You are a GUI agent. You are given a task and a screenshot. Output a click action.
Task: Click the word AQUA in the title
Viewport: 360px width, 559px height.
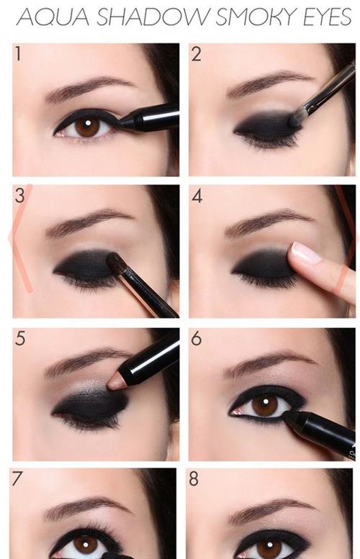pos(53,17)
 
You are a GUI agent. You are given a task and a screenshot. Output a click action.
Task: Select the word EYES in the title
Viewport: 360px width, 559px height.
pos(327,17)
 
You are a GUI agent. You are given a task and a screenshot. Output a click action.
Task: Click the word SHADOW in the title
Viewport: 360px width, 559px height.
pos(153,17)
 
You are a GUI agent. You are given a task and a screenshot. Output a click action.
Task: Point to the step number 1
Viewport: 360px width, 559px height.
pos(17,53)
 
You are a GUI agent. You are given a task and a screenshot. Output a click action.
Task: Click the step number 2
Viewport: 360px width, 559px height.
pos(197,54)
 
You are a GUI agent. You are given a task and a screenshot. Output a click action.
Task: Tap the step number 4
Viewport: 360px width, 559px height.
pos(197,196)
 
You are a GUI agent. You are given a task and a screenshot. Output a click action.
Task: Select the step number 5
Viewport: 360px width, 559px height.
pos(20,338)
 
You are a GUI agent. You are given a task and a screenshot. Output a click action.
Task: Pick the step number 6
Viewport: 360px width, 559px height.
pos(197,338)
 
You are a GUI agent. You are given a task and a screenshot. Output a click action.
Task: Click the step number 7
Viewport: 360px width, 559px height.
pos(17,478)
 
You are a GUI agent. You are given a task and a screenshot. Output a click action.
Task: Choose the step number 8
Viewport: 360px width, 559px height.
pos(194,478)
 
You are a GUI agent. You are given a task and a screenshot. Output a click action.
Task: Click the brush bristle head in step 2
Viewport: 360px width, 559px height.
pos(295,119)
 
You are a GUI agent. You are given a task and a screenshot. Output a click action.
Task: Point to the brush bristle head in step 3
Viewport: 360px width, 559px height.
pos(114,263)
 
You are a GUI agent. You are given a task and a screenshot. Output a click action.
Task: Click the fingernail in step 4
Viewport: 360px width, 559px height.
pos(305,253)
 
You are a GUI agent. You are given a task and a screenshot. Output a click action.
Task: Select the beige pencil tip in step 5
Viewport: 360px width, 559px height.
pos(117,381)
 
